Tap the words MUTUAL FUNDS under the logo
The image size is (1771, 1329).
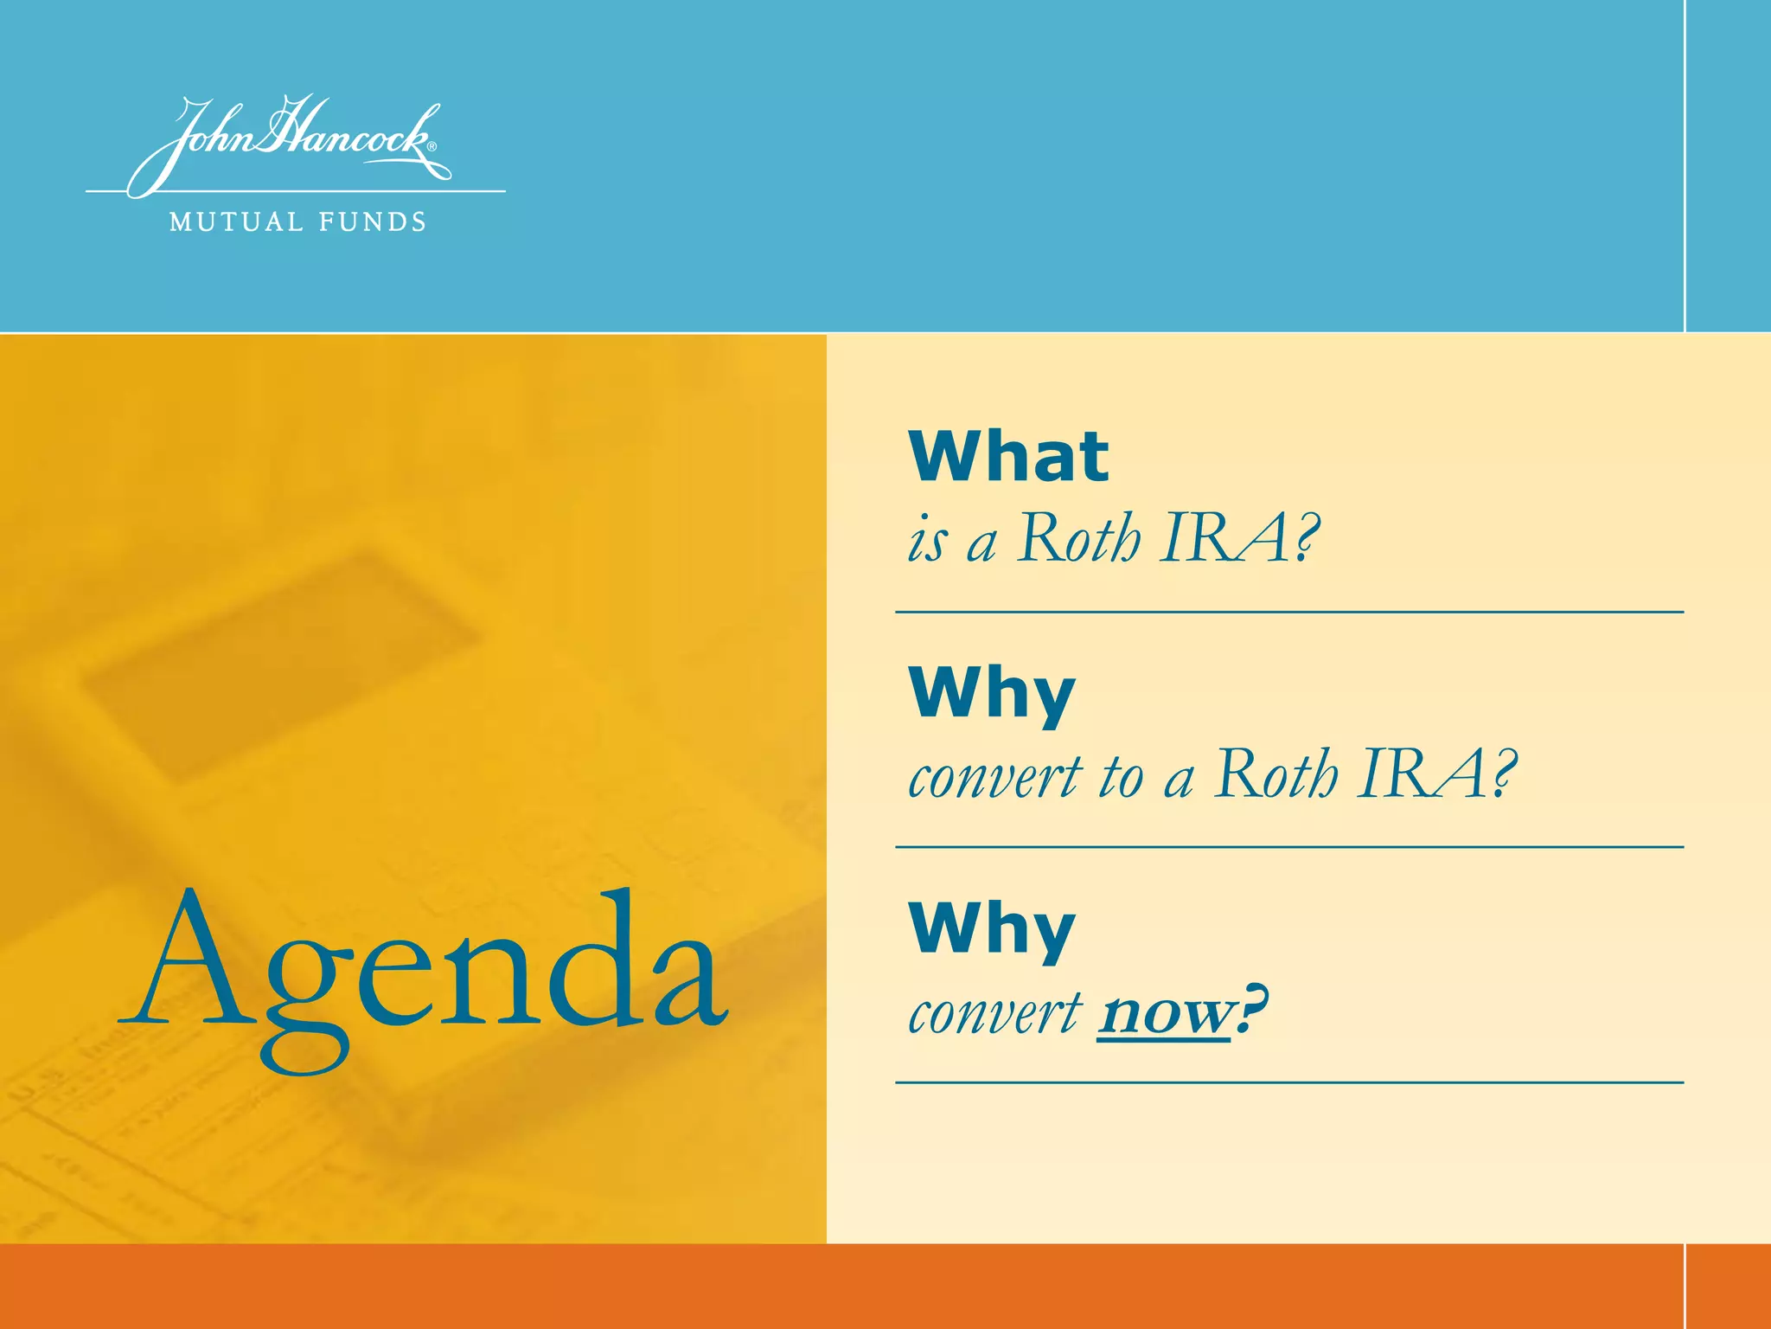[297, 222]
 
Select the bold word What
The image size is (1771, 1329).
[1008, 456]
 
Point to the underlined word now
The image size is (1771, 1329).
[1163, 1012]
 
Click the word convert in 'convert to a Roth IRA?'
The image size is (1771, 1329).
[994, 777]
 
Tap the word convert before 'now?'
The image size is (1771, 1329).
[994, 1012]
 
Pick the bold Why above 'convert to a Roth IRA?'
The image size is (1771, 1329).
[992, 693]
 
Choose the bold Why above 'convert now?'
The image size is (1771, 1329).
[992, 929]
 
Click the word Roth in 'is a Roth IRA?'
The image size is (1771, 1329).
[1077, 539]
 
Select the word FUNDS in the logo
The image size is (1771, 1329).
[373, 222]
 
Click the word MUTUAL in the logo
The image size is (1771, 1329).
[236, 222]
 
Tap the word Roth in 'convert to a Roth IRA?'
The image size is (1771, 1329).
[1275, 774]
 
